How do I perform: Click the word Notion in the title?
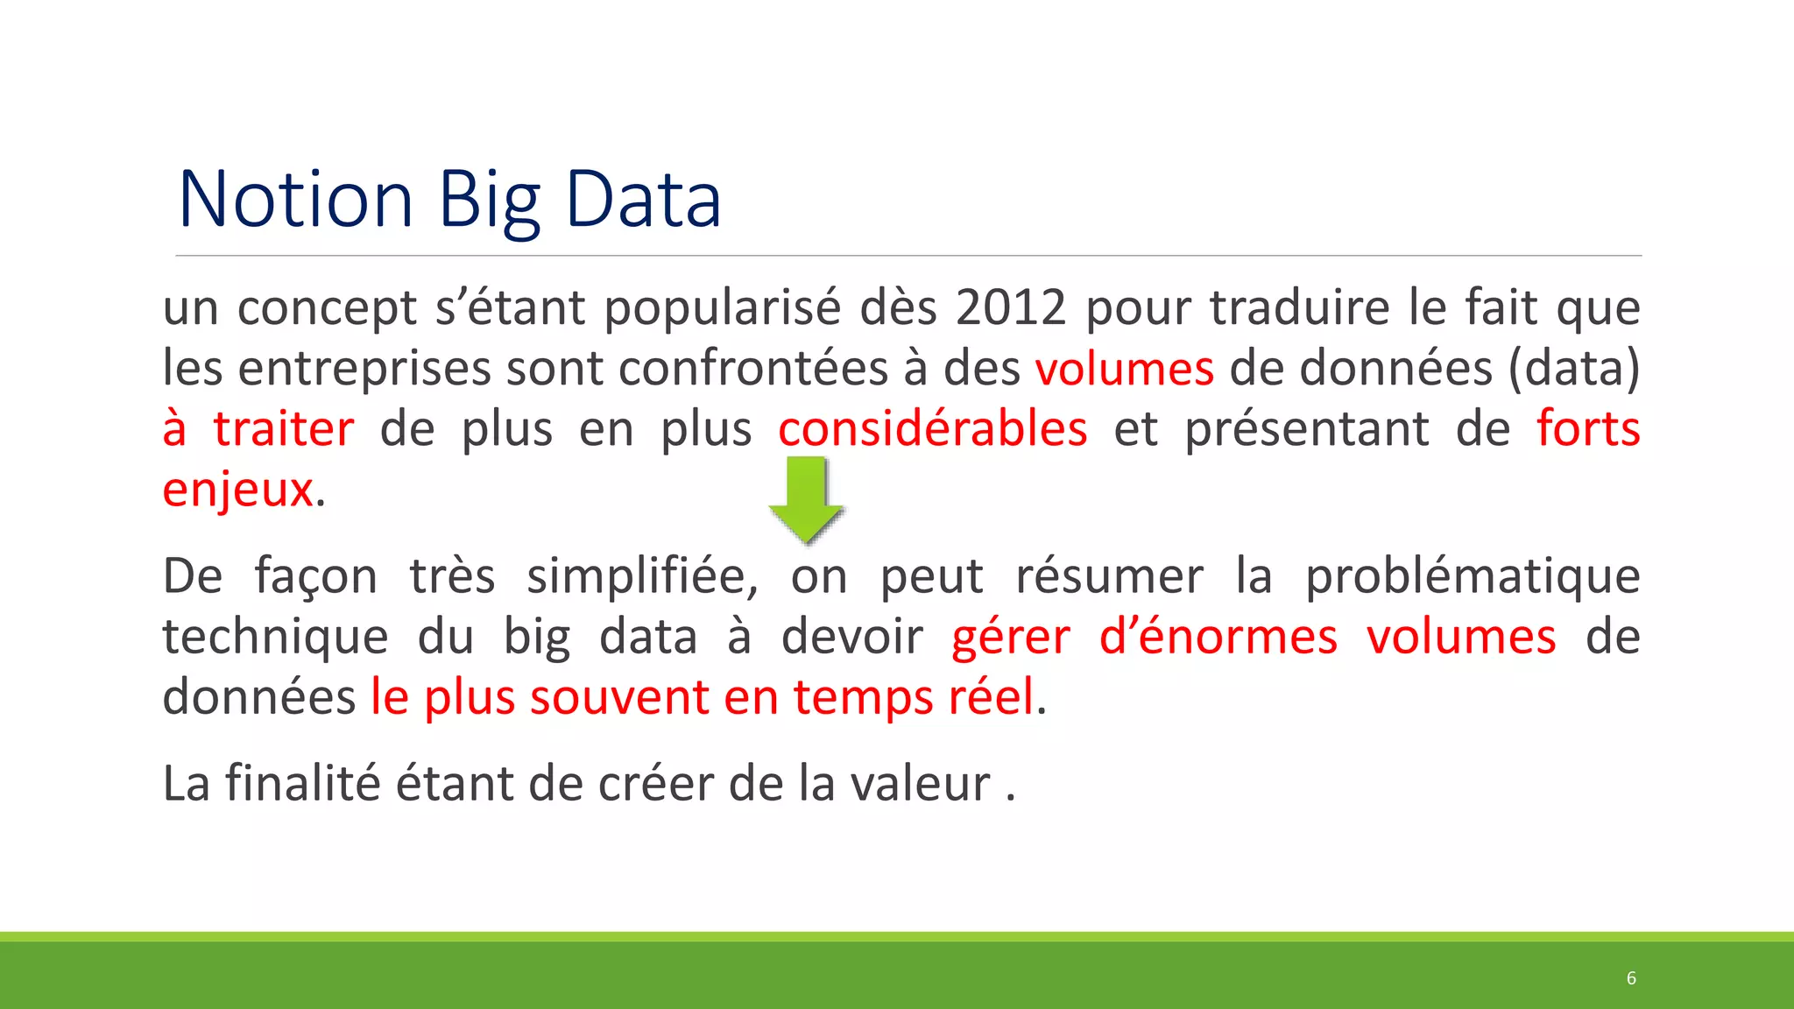(295, 200)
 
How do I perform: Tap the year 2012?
(1011, 307)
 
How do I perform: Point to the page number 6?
(1631, 978)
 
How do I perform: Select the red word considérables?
(933, 429)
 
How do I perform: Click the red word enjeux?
(237, 490)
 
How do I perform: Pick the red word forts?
(1588, 429)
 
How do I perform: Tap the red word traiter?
(284, 429)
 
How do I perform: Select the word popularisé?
(723, 309)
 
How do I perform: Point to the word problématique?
(1473, 577)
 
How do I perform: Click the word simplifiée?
(642, 577)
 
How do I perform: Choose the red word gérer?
(1011, 638)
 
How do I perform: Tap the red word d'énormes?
(1218, 637)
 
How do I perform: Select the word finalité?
(304, 783)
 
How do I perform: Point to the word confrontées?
(753, 369)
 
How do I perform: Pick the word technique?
(275, 638)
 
